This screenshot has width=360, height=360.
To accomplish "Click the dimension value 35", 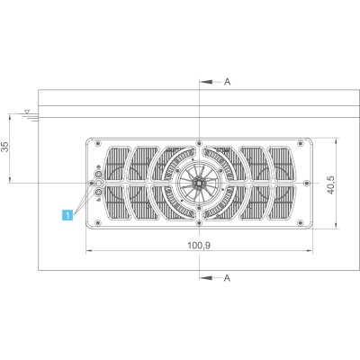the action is pyautogui.click(x=6, y=147).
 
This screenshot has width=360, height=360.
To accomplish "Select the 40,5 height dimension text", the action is pyautogui.click(x=330, y=185).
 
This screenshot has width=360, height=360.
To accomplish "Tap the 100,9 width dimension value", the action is pyautogui.click(x=199, y=246).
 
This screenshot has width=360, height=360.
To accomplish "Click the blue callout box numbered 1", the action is pyautogui.click(x=67, y=215).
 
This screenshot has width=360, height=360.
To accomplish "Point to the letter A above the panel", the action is pyautogui.click(x=228, y=82).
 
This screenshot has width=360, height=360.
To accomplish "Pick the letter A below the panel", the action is pyautogui.click(x=228, y=278).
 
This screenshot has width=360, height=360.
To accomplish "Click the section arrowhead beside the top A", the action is pyautogui.click(x=207, y=82).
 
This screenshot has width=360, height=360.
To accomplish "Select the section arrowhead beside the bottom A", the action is pyautogui.click(x=207, y=278).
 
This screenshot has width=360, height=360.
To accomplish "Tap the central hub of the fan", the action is pyautogui.click(x=199, y=183).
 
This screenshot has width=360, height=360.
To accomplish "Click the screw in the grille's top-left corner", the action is pyautogui.click(x=97, y=143).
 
